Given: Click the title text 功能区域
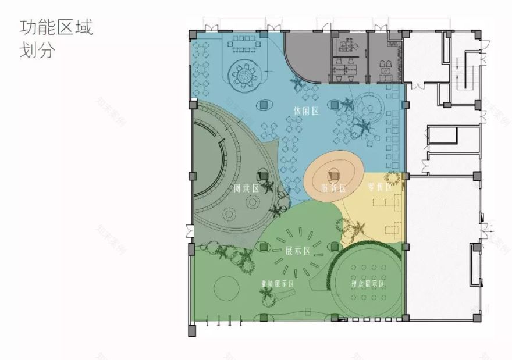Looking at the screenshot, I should tap(56, 27).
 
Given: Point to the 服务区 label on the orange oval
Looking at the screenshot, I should tap(333, 188).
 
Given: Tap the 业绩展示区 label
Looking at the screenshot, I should tap(276, 284).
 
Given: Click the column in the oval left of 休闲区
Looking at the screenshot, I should tap(264, 105).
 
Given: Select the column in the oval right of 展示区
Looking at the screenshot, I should tap(336, 248).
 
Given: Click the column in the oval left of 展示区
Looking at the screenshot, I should tap(264, 248).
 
